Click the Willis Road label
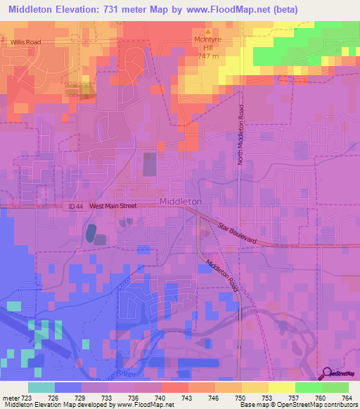pyautogui.click(x=25, y=42)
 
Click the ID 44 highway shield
pyautogui.click(x=77, y=206)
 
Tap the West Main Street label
pyautogui.click(x=113, y=206)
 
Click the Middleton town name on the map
pyautogui.click(x=181, y=202)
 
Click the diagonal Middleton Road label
pyautogui.click(x=222, y=277)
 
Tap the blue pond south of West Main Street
pyautogui.click(x=91, y=232)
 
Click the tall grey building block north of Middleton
pyautogui.click(x=150, y=164)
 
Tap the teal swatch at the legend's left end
pyautogui.click(x=41, y=387)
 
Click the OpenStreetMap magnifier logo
pyautogui.click(x=328, y=374)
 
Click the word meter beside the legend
pyautogui.click(x=10, y=397)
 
